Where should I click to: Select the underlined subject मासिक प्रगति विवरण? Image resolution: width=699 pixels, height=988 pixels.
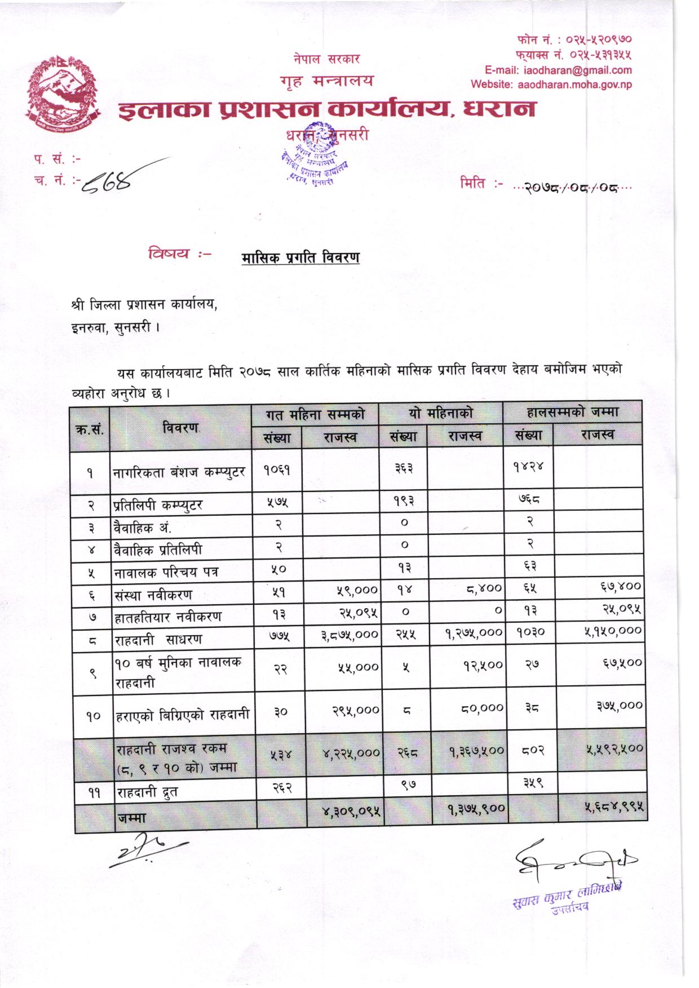[300, 258]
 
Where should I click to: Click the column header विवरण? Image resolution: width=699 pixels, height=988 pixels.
[180, 428]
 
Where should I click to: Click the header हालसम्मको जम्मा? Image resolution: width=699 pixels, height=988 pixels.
[572, 413]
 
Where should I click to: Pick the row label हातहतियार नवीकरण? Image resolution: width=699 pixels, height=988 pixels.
[167, 617]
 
